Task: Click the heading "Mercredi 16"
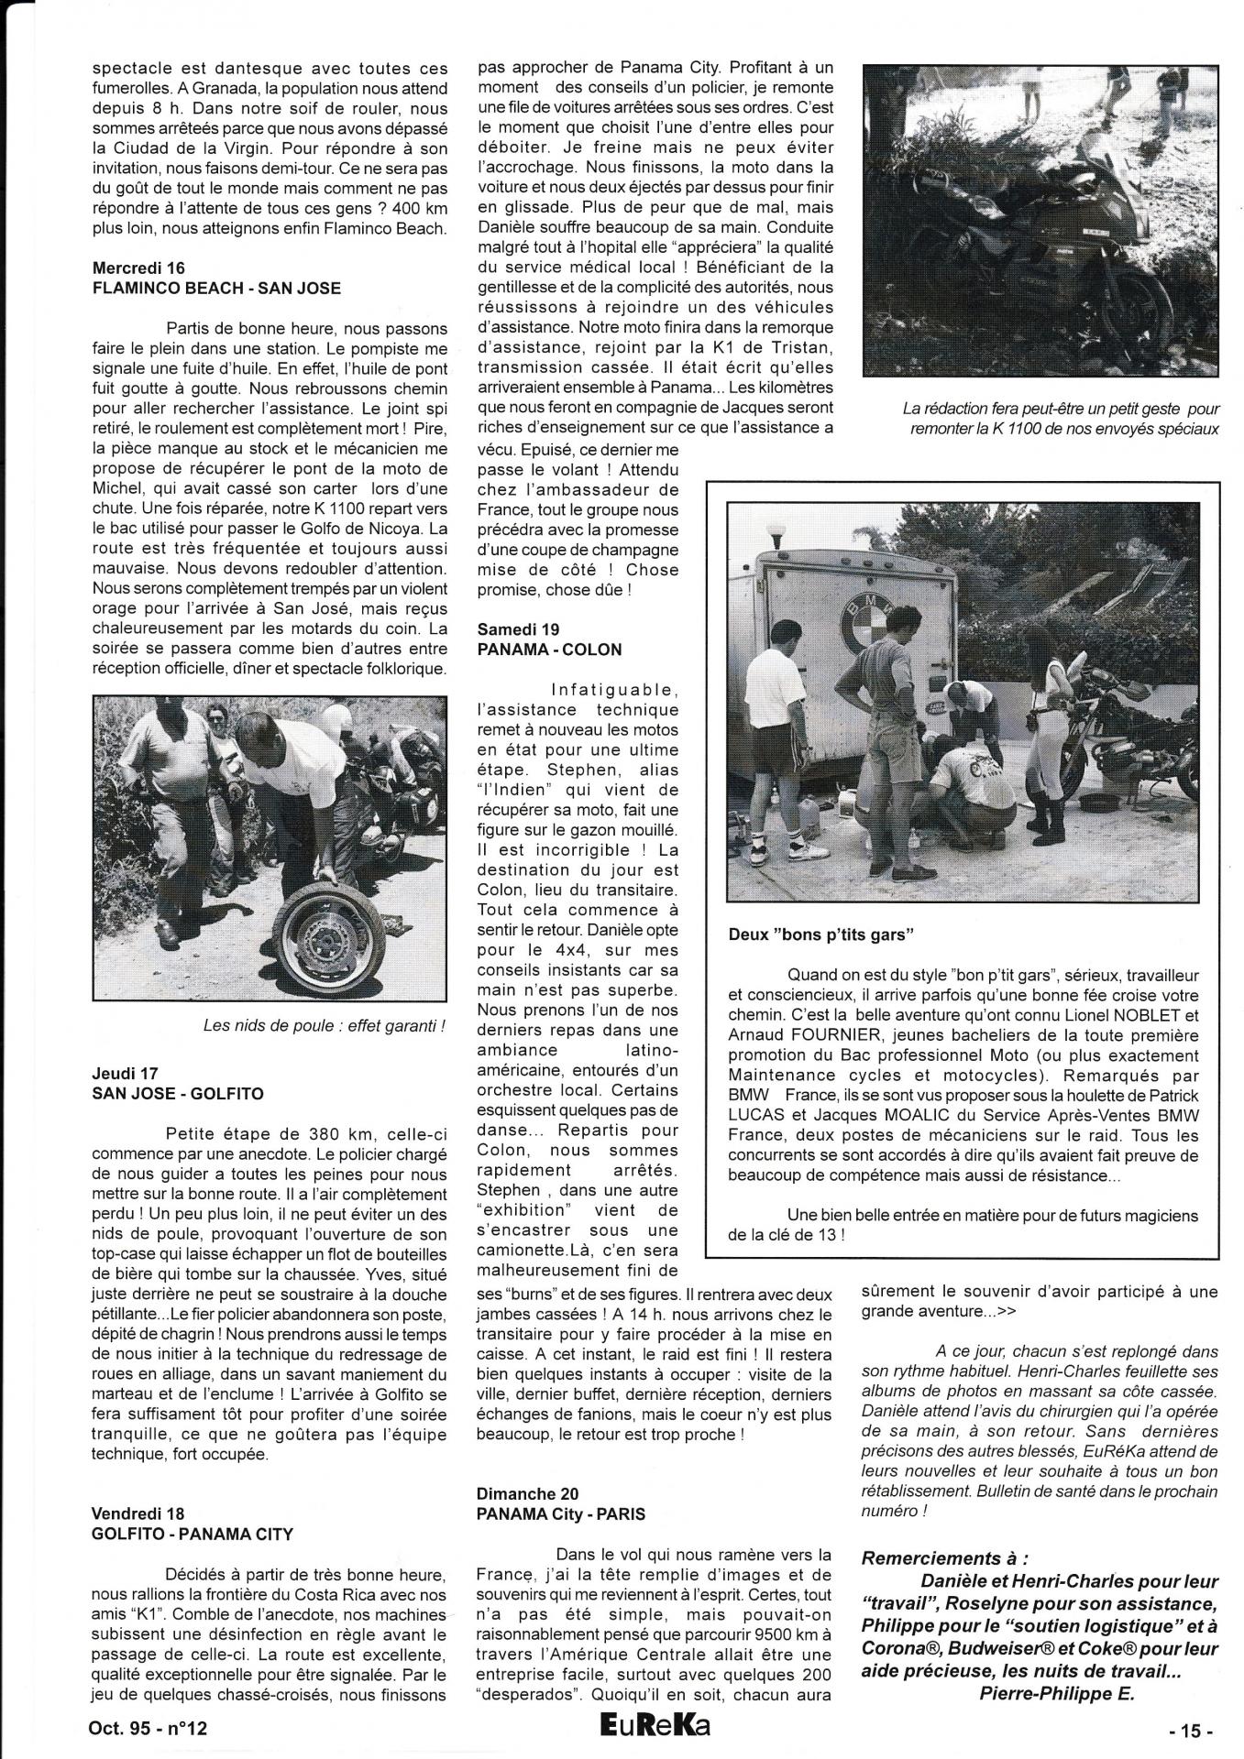tap(138, 268)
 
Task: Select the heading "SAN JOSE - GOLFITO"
tap(178, 1093)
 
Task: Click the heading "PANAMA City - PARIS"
tap(560, 1513)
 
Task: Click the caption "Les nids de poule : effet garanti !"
tap(324, 1026)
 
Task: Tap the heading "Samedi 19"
tap(518, 629)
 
